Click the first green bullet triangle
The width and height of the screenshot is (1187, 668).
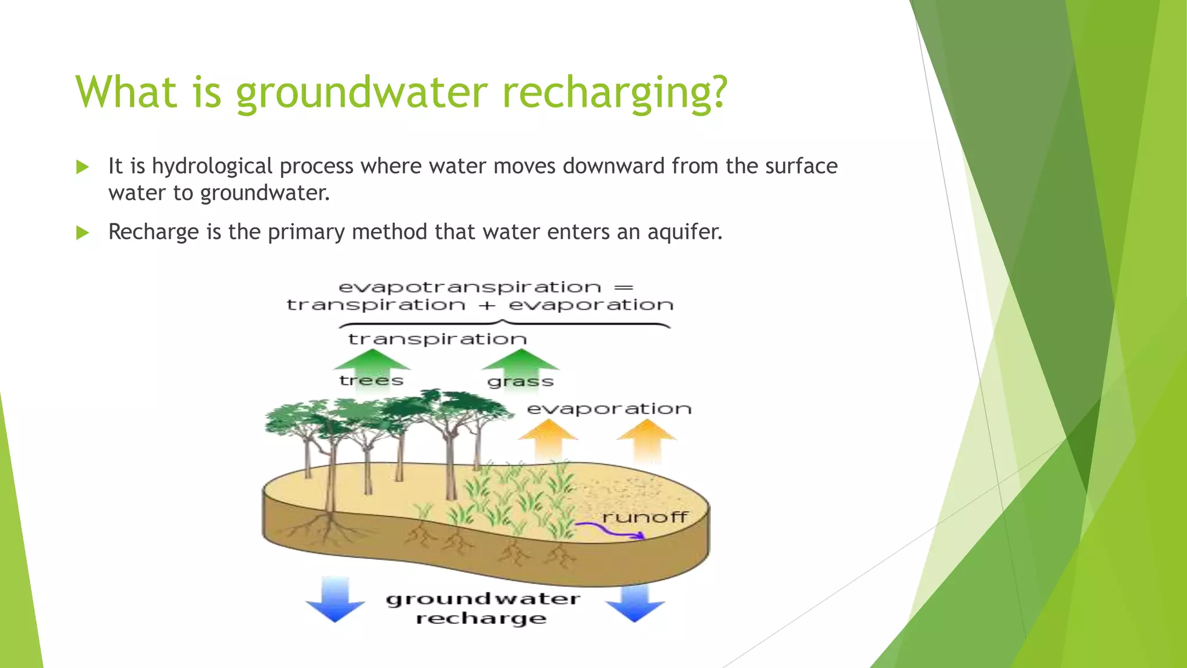(x=82, y=168)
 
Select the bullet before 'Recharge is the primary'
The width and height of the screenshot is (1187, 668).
(x=82, y=233)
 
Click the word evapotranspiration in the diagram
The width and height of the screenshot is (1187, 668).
(x=469, y=287)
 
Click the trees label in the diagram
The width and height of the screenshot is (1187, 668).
(x=371, y=381)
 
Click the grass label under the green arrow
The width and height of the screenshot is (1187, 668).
(x=520, y=382)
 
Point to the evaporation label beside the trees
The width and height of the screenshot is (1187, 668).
(x=609, y=409)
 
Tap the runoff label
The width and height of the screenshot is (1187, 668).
(x=645, y=517)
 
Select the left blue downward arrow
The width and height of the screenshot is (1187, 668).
(x=335, y=600)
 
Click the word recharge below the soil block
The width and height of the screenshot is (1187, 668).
(x=481, y=619)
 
